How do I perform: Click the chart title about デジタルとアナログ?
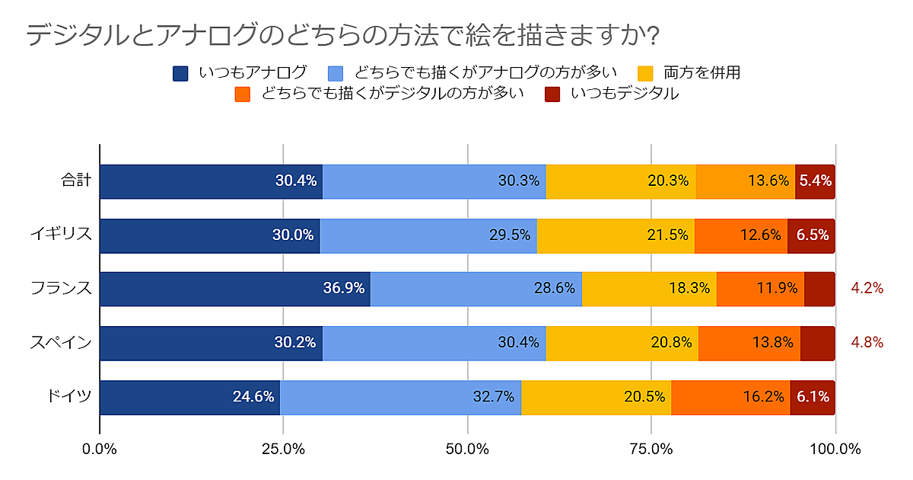click(x=342, y=35)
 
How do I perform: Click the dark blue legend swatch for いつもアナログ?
click(x=180, y=73)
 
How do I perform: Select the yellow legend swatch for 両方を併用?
click(x=645, y=73)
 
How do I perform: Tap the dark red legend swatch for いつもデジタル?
click(x=553, y=94)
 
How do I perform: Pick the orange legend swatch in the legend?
click(x=243, y=94)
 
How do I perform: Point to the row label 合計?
click(x=76, y=181)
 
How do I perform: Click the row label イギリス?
click(x=62, y=235)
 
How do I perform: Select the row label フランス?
click(x=62, y=290)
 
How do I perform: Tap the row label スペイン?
click(x=62, y=343)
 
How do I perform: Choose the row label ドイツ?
click(x=69, y=397)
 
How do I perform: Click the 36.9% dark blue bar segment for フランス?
click(x=234, y=290)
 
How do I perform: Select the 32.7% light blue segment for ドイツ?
click(x=400, y=397)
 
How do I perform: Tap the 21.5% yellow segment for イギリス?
click(x=616, y=235)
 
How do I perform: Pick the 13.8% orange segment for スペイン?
click(x=749, y=343)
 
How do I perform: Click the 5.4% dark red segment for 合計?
click(x=815, y=181)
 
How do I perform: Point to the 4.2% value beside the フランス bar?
click(x=867, y=289)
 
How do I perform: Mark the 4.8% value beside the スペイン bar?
click(x=867, y=343)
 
